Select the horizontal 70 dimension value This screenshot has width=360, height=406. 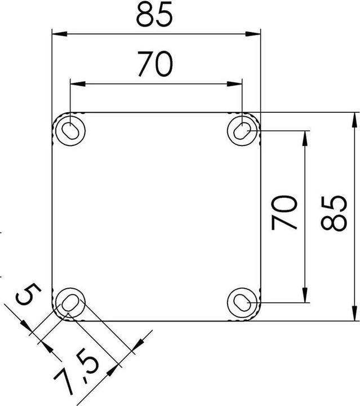tap(154, 65)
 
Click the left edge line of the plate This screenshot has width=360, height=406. tap(52, 214)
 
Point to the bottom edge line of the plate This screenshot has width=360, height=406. tap(158, 321)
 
